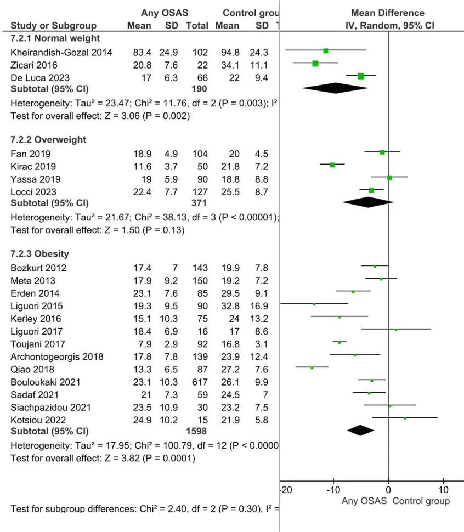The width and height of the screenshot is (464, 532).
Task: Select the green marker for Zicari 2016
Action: click(x=315, y=64)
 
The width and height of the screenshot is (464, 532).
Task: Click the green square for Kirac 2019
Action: click(x=332, y=165)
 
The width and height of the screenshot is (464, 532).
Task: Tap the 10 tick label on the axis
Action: click(x=444, y=490)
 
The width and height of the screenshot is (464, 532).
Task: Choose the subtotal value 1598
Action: click(x=197, y=431)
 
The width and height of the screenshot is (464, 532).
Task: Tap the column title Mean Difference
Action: click(x=387, y=13)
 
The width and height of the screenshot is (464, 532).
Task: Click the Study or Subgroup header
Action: click(x=53, y=25)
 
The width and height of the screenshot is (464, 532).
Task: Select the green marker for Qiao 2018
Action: click(x=312, y=367)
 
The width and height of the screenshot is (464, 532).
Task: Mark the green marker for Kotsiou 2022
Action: click(x=405, y=418)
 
